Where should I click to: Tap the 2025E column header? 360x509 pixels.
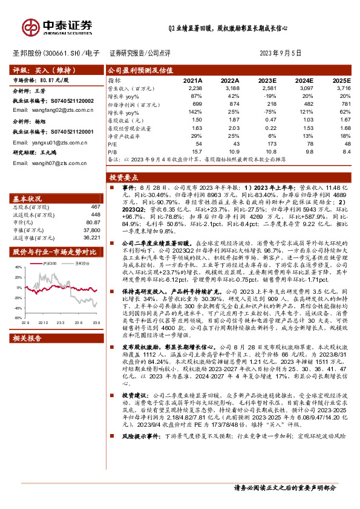(342, 80)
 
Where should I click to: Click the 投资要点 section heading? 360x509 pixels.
(123, 178)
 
